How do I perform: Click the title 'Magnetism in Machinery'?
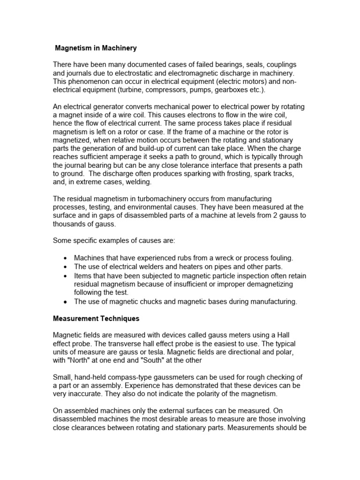point(96,48)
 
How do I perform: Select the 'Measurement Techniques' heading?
point(96,318)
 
